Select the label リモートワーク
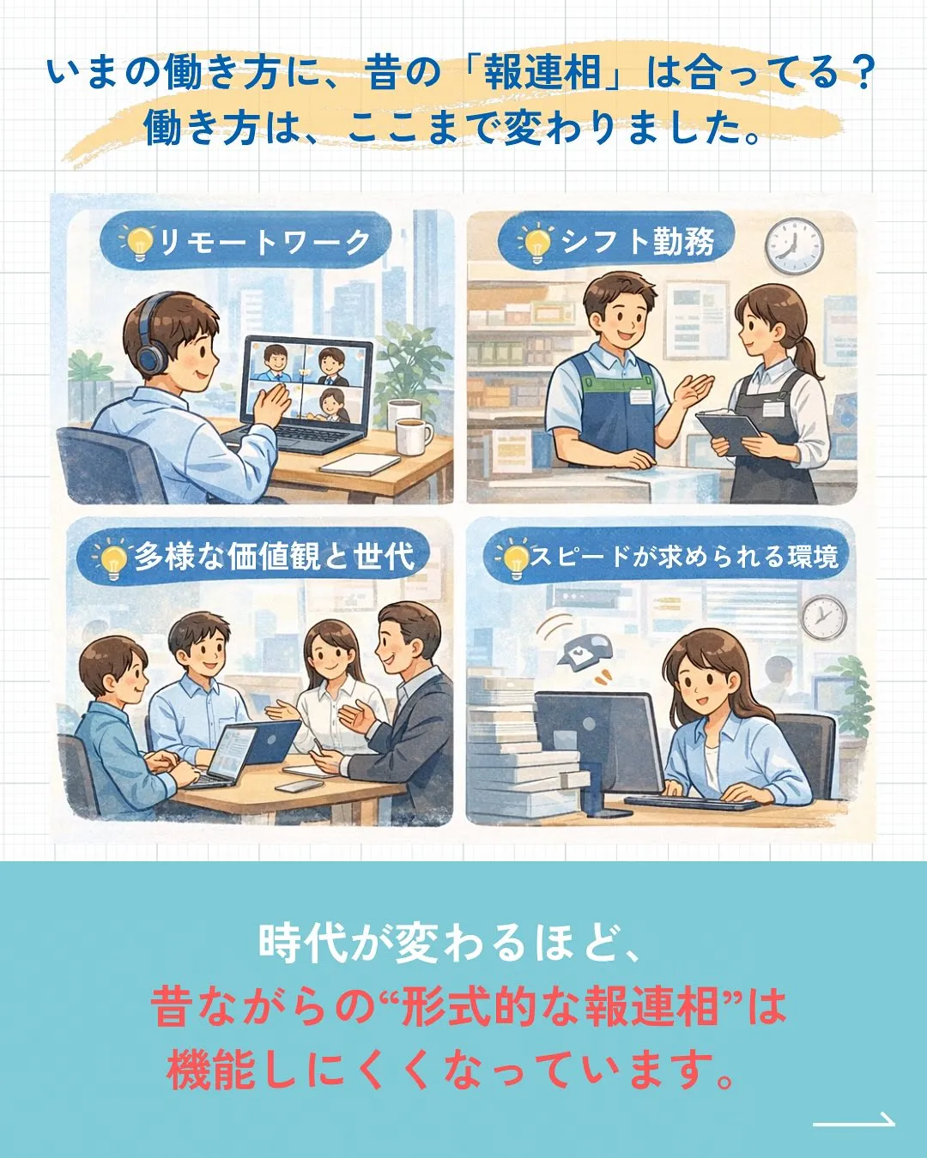(264, 243)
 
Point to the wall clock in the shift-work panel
(794, 243)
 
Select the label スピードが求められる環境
(683, 557)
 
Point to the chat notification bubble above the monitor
(581, 651)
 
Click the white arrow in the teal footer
(853, 1120)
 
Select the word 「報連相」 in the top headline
(542, 73)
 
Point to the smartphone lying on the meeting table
(299, 785)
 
